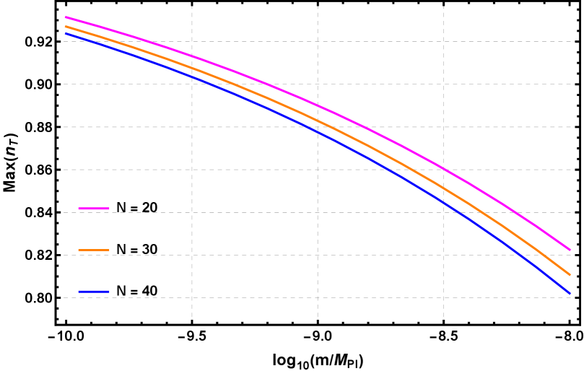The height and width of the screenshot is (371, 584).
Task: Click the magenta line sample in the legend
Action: pos(94,209)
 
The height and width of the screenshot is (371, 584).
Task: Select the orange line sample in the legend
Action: pos(94,250)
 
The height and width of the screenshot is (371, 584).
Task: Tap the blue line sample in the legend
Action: pos(94,292)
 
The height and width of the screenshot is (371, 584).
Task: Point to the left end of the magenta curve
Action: pos(66,17)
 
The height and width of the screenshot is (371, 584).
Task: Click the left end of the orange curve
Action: pos(66,26)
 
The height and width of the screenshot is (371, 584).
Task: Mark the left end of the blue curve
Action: pos(66,33)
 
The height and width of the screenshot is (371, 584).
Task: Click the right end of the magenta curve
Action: pos(570,250)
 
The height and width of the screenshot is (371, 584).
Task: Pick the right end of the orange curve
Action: pos(570,275)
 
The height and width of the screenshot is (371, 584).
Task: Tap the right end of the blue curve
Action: pos(570,294)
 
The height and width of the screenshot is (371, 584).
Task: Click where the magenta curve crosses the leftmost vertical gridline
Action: pos(192,56)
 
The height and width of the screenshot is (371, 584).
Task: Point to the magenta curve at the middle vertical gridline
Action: pos(318,105)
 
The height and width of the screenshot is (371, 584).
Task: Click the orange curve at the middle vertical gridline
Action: pos(318,120)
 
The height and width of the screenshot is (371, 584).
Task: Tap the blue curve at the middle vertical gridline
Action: pos(318,131)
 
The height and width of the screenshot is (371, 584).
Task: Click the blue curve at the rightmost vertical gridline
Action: pos(443,202)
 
